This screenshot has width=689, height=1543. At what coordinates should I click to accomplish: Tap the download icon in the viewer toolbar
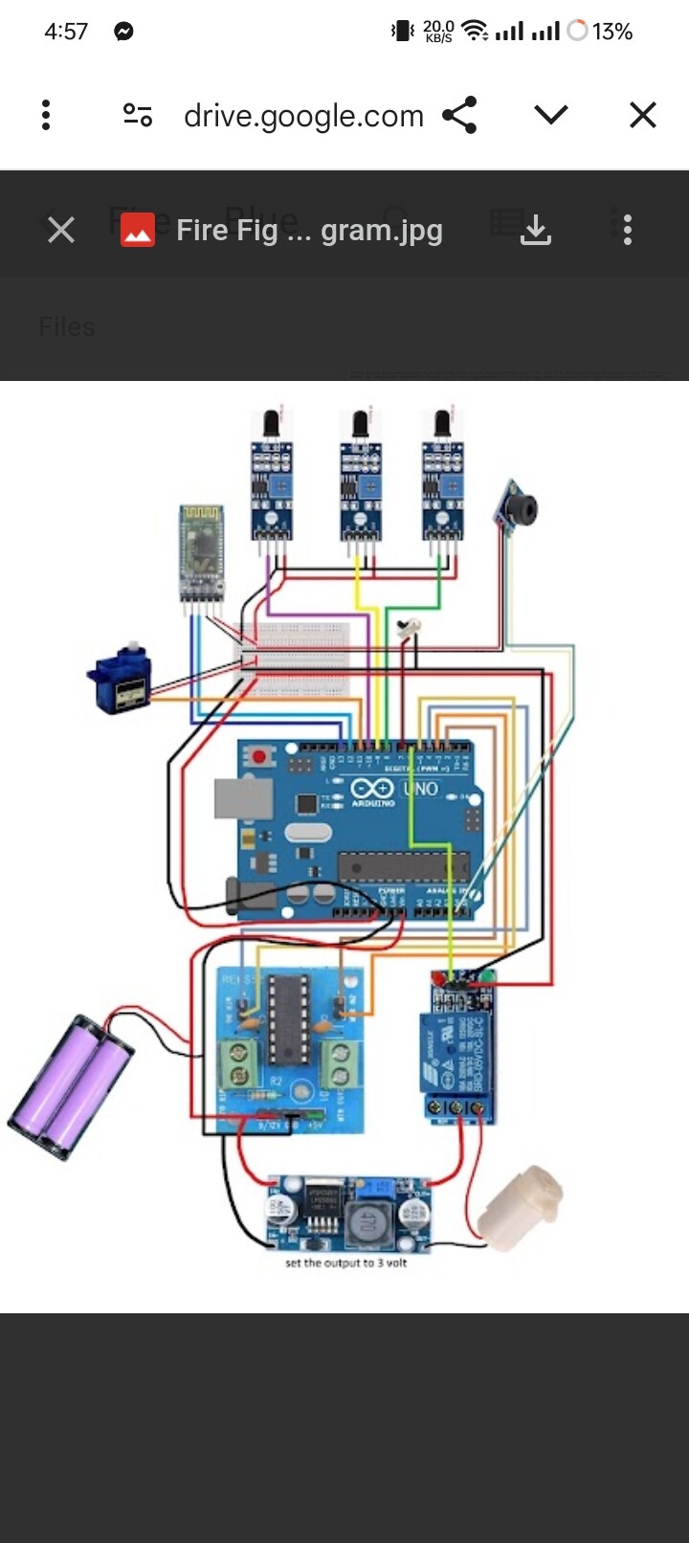(x=536, y=230)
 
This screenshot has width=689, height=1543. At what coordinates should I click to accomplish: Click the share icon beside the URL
(x=459, y=115)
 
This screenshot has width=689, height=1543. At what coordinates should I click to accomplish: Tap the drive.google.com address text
(x=303, y=116)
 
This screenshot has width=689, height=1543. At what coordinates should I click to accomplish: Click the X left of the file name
(x=61, y=230)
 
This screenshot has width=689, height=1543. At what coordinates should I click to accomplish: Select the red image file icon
(x=138, y=230)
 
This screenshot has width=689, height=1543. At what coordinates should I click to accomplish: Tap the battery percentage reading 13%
(x=611, y=32)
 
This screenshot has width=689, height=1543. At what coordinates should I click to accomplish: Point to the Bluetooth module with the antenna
(x=202, y=555)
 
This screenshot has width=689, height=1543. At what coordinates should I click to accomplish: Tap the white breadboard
(x=292, y=659)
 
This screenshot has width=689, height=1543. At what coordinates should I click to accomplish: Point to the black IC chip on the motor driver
(x=288, y=1020)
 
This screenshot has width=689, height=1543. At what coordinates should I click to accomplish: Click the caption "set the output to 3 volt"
(x=345, y=1263)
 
